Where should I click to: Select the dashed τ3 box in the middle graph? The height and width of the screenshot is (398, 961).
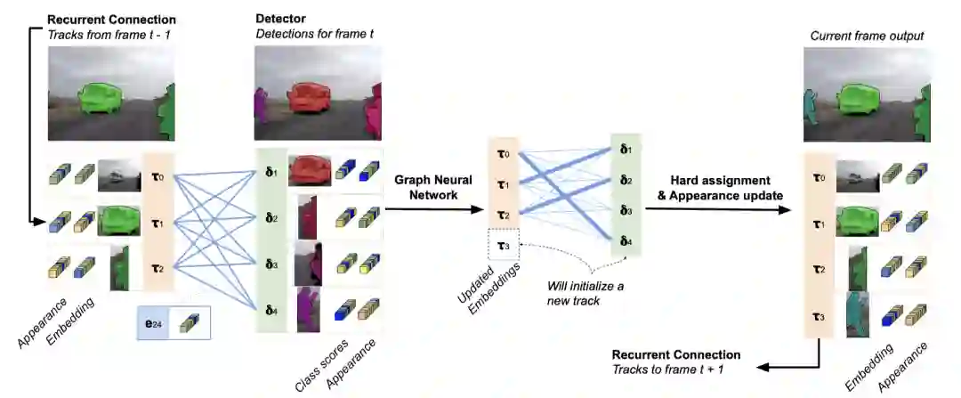pyautogui.click(x=503, y=245)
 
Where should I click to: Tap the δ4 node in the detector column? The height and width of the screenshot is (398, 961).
pyautogui.click(x=271, y=311)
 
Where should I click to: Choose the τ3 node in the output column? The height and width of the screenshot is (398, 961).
pyautogui.click(x=819, y=316)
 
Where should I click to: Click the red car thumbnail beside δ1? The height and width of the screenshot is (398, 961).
pyautogui.click(x=309, y=171)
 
